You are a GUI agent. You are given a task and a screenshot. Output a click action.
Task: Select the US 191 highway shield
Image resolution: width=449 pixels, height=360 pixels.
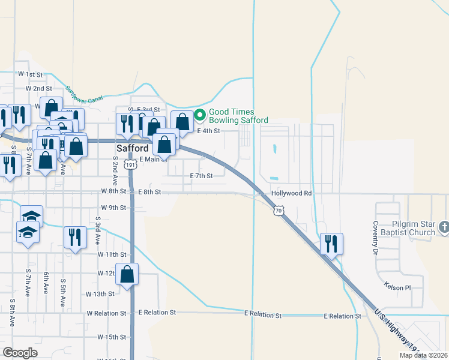(130, 164)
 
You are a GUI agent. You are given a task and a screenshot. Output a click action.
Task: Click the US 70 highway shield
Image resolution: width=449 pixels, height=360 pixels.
(279, 210)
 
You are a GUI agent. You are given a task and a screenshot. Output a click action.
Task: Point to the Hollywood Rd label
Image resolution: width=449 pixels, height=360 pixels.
(292, 193)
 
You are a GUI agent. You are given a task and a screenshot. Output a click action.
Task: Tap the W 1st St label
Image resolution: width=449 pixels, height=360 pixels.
(31, 74)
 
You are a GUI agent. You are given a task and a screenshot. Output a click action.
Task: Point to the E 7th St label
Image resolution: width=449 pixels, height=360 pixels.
(201, 176)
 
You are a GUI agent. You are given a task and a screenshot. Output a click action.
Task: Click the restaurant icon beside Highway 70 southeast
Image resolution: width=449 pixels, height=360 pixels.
(331, 244)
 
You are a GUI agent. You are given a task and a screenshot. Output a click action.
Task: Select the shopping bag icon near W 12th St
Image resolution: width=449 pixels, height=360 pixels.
(127, 274)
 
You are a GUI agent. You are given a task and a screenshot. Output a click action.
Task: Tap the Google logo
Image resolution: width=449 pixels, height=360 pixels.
(20, 353)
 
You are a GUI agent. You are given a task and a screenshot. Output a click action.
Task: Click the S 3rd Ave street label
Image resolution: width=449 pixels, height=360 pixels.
(97, 232)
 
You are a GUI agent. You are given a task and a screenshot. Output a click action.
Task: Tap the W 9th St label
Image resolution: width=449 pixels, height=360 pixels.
(113, 208)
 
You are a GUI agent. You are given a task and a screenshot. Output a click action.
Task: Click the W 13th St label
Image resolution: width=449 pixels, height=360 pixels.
(100, 294)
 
